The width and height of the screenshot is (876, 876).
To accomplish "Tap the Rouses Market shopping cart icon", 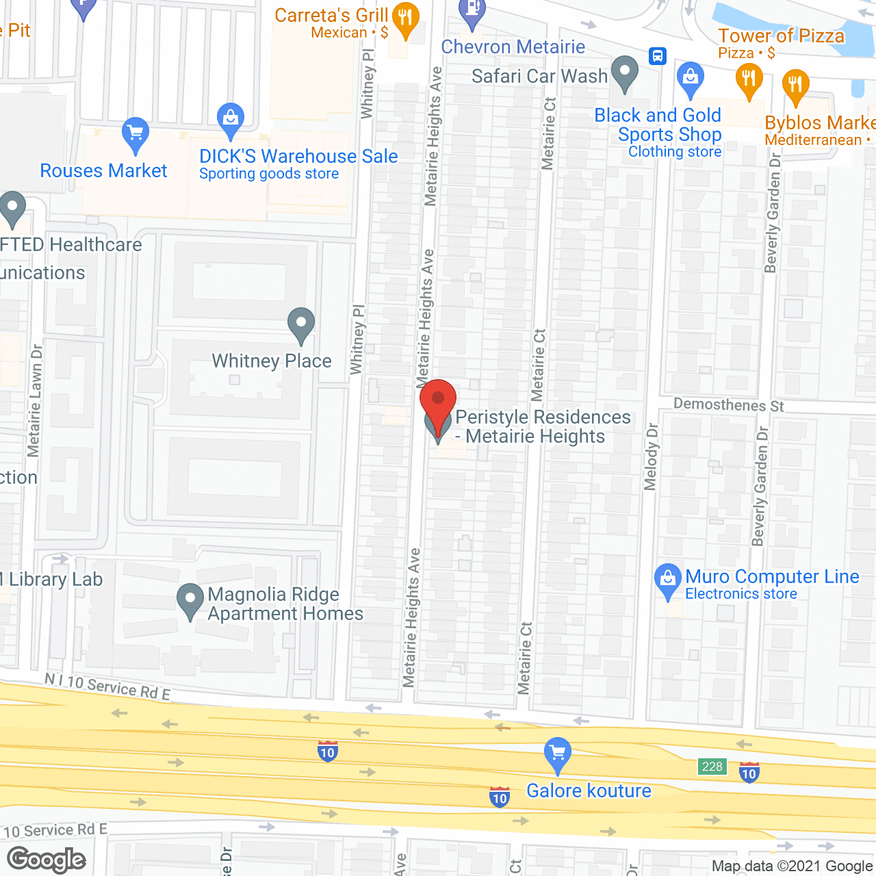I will (136, 134).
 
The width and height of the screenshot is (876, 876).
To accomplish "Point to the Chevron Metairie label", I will (513, 47).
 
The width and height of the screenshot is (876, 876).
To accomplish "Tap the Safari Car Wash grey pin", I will (624, 72).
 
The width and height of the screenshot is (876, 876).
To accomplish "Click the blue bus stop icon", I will (658, 55).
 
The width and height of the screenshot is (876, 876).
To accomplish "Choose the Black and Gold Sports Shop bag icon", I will (690, 78).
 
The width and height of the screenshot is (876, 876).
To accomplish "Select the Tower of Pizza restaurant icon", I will (749, 79).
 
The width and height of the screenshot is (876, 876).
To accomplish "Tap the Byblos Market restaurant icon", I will (795, 86).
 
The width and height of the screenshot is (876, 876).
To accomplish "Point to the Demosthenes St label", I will (729, 404).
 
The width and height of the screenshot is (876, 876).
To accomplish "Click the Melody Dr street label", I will (651, 456).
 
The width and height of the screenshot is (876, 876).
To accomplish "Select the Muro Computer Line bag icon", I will (668, 580).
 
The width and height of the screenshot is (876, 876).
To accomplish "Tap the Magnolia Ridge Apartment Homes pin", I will (190, 600).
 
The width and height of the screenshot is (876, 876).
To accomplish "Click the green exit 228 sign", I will (712, 766).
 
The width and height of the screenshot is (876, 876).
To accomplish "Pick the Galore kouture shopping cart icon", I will (558, 753).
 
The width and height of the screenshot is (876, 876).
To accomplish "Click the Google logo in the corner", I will (47, 860).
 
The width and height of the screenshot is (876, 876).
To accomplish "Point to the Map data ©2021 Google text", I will (792, 866).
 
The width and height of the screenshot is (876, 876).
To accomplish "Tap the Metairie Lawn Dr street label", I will (36, 400).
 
